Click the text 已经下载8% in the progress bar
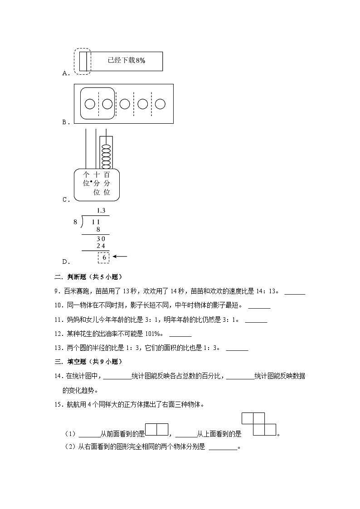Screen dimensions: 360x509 (x=126, y=60)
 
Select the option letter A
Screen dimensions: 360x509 (x=65, y=73)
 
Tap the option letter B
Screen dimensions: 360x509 (x=65, y=122)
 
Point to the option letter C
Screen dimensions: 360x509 (x=65, y=199)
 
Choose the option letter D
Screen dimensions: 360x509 (x=65, y=261)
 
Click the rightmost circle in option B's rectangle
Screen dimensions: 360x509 (x=160, y=104)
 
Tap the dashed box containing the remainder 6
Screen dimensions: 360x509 (x=104, y=257)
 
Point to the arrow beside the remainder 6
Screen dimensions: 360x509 (x=120, y=257)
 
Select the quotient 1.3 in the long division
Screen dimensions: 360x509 (x=101, y=210)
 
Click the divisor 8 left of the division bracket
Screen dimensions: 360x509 (x=75, y=222)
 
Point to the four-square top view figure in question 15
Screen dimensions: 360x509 (x=259, y=424)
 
